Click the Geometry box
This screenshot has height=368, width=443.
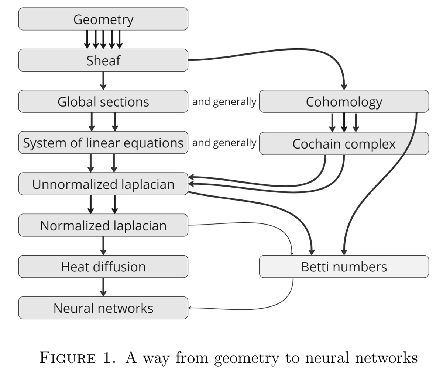(x=103, y=19)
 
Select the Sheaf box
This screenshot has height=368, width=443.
(x=103, y=60)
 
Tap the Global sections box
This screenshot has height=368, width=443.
(x=103, y=101)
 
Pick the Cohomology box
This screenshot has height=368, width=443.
(x=344, y=101)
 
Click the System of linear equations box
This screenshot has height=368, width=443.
(x=103, y=143)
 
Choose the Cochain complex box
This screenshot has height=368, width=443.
(x=344, y=143)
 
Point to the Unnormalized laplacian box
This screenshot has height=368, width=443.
(x=103, y=184)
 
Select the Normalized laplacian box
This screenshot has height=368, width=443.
(x=103, y=225)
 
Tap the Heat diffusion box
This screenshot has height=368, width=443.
(x=103, y=267)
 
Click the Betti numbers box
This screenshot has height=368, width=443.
(x=344, y=267)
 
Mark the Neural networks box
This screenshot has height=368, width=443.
(x=103, y=308)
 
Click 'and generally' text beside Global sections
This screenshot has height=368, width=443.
(x=224, y=101)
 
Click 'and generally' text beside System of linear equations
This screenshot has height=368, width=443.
(x=224, y=143)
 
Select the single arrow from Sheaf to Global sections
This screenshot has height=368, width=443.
(x=103, y=80)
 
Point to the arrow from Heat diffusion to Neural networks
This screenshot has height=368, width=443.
(x=103, y=287)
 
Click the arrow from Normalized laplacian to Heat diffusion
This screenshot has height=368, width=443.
(x=103, y=246)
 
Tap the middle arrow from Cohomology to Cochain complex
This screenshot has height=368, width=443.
(x=344, y=122)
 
